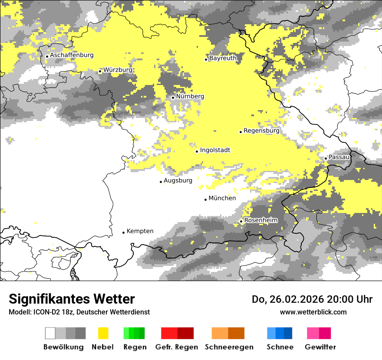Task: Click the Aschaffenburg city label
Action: pyautogui.click(x=72, y=55)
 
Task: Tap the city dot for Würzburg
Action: pyautogui.click(x=100, y=71)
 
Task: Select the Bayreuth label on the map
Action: pyautogui.click(x=223, y=58)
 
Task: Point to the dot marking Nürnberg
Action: pyautogui.click(x=173, y=98)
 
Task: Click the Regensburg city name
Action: pyautogui.click(x=261, y=130)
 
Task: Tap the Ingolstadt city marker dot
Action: pyautogui.click(x=197, y=151)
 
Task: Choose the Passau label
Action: pyautogui.click(x=339, y=157)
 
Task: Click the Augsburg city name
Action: pyautogui.click(x=178, y=180)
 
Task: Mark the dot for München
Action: pyautogui.click(x=206, y=200)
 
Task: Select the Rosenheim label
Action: pyautogui.click(x=261, y=220)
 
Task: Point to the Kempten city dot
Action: pyautogui.click(x=123, y=232)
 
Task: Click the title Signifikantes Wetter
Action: pyautogui.click(x=72, y=299)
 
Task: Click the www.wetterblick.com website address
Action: pyautogui.click(x=313, y=312)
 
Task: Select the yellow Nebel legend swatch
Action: pyautogui.click(x=103, y=333)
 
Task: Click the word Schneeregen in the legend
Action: pyautogui.click(x=229, y=347)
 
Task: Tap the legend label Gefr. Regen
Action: pyautogui.click(x=176, y=347)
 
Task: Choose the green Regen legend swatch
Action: pyautogui.click(x=134, y=333)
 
